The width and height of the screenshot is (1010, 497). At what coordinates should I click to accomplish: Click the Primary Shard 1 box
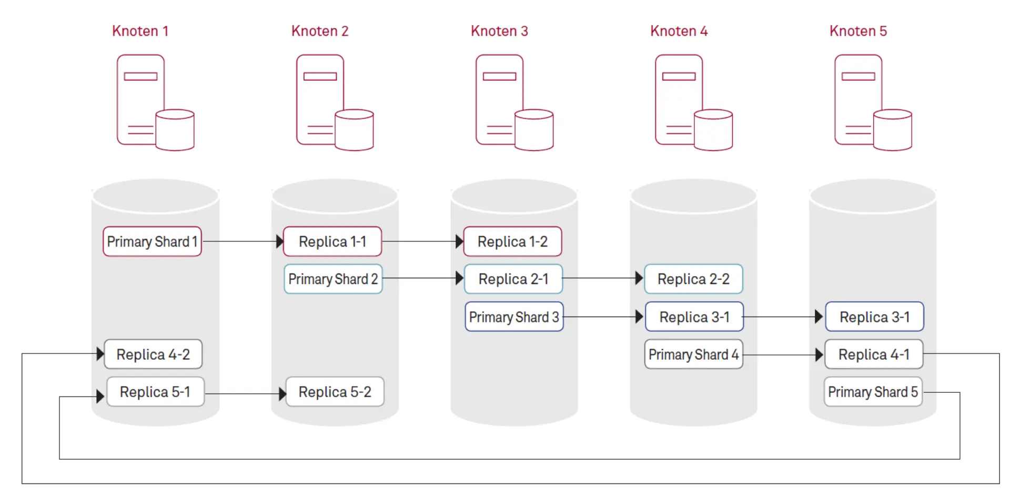point(152,241)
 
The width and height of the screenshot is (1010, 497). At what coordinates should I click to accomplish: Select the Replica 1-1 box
point(332,241)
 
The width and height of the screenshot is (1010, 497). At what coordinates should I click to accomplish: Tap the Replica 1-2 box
point(512,241)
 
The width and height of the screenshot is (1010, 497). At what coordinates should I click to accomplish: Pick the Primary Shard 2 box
point(333,279)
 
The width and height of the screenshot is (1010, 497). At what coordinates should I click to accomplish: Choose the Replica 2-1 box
point(513,279)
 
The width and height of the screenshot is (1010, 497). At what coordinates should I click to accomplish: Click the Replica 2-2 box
point(693,279)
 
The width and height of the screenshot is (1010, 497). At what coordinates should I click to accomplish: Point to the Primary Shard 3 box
point(514,317)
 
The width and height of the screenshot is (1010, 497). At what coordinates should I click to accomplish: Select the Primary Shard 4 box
point(693,354)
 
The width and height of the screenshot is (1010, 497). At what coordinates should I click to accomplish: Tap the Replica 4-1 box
point(874,354)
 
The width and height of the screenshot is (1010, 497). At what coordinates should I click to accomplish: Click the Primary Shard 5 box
point(873,392)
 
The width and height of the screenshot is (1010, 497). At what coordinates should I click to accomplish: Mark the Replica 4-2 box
point(153,354)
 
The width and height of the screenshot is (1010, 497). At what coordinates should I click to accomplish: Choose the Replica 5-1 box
point(155,392)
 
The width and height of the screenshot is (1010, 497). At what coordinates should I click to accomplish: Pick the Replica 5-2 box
point(335,392)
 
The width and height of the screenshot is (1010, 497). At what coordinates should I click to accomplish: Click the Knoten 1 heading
point(140,31)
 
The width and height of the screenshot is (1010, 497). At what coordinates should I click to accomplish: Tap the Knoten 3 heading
point(499,31)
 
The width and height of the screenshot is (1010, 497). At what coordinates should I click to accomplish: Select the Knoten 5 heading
point(858,31)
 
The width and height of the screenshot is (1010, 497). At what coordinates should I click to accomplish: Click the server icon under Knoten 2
point(335,103)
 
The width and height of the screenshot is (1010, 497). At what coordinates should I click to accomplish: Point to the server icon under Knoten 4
point(693,103)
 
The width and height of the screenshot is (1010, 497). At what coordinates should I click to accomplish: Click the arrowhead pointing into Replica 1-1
point(280,241)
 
